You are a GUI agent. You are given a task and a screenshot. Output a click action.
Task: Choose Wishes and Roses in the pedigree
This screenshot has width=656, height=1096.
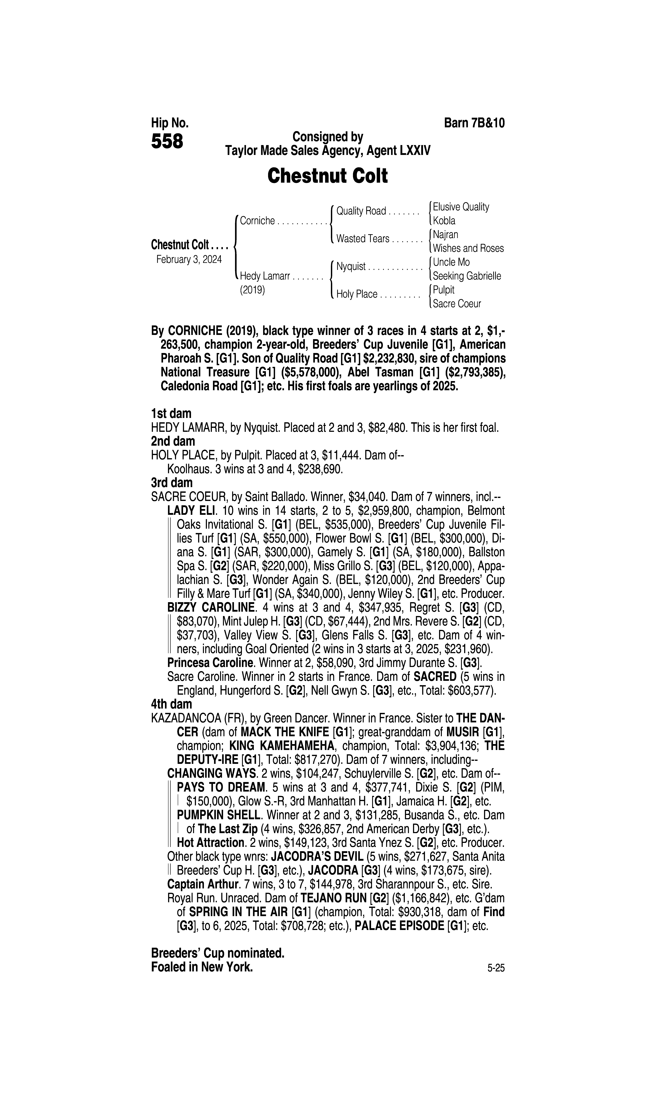pos(468,249)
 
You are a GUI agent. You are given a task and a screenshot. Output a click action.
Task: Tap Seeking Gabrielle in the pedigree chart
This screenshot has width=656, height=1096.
pos(467,276)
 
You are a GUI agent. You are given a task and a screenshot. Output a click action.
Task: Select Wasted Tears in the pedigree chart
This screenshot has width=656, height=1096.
pos(362,239)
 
